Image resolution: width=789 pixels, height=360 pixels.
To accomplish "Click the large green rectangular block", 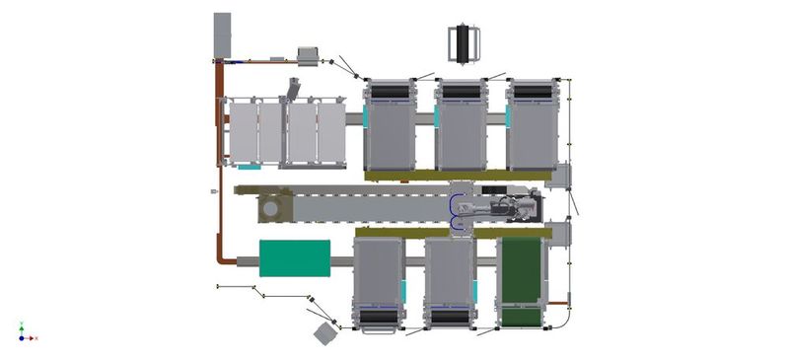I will [x=294, y=257].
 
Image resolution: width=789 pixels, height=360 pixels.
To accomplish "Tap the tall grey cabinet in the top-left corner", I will [x=222, y=35].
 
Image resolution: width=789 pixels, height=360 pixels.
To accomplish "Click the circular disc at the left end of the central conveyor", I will [x=268, y=208].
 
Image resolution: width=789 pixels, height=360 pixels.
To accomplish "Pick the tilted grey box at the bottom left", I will [x=325, y=333].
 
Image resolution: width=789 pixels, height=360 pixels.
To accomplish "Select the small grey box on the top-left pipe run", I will [x=309, y=56].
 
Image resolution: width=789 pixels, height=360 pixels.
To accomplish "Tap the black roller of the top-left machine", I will [x=391, y=92].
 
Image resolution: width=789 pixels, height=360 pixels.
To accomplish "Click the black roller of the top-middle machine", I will [x=462, y=92].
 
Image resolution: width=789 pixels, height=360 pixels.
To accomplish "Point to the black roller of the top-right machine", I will [x=533, y=92].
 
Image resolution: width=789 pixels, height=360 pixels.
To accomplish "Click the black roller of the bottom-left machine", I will [x=379, y=317].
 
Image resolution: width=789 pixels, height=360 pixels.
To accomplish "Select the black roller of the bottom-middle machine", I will [x=450, y=317].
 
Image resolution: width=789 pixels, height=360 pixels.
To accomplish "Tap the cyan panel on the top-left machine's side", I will [x=365, y=117].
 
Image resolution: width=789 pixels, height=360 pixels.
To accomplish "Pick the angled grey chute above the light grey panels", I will [x=293, y=89].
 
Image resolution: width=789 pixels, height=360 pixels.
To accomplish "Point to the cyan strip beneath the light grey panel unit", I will [x=251, y=168].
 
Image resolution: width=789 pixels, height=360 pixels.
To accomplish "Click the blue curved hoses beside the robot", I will [x=456, y=212].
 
